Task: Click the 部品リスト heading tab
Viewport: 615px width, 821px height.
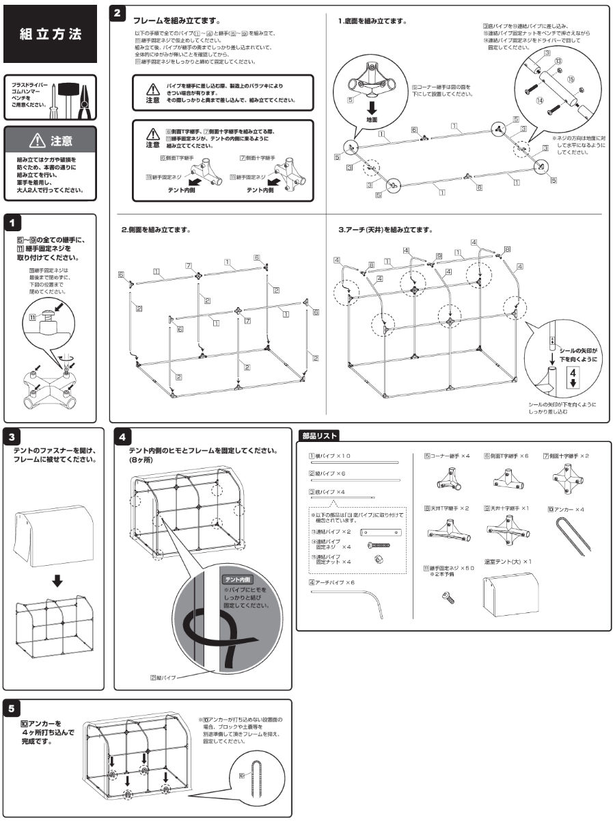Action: click(320, 435)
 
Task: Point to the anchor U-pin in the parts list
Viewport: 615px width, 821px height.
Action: click(564, 538)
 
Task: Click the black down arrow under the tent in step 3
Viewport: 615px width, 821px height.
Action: click(58, 581)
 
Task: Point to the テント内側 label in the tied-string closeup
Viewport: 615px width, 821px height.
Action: click(237, 579)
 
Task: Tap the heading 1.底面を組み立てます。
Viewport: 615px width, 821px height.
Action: click(372, 21)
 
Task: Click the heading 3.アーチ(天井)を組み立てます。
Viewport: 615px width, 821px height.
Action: click(387, 230)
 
